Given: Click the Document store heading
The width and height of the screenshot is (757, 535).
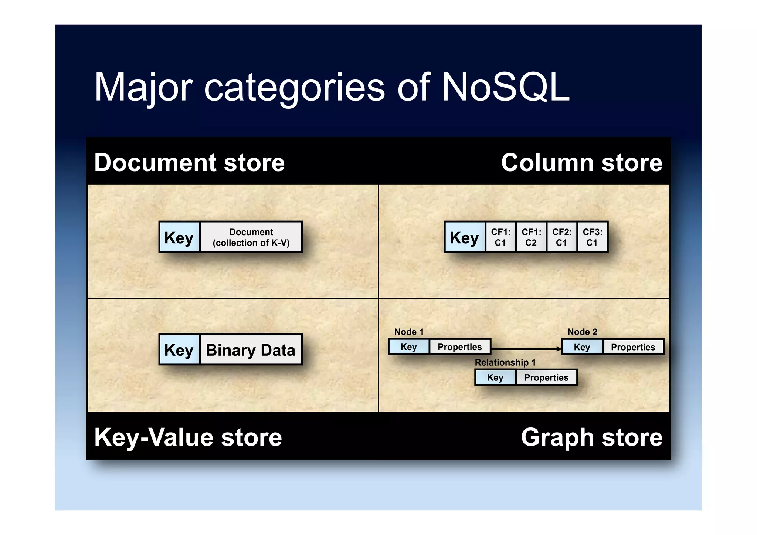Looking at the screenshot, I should click(189, 163).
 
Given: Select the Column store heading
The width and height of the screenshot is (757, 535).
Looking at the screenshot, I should click(581, 163).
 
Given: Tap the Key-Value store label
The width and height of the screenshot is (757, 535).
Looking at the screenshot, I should click(188, 437).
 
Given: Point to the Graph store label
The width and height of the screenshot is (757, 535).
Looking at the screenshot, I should click(591, 437).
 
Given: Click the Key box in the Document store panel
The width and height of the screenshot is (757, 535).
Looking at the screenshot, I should click(179, 237).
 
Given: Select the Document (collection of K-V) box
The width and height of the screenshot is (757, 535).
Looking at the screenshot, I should click(251, 237).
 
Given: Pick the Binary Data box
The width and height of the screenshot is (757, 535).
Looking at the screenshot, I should click(251, 350).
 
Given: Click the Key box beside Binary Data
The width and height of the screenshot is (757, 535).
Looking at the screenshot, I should click(179, 350).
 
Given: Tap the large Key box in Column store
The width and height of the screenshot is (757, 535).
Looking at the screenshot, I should click(465, 237).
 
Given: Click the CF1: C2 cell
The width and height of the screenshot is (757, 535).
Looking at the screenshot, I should click(531, 237).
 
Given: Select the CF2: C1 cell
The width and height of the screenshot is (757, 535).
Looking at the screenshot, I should click(562, 237).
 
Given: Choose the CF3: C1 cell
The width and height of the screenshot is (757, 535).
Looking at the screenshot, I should click(593, 237).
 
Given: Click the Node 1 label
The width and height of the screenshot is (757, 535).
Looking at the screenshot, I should click(409, 332).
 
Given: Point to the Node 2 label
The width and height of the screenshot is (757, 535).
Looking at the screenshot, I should click(582, 332).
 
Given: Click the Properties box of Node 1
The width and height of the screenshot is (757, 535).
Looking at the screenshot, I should click(460, 347).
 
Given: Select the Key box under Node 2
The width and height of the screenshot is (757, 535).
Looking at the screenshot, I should click(582, 347).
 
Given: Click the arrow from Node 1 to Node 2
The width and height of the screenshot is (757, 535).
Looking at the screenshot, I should click(525, 349).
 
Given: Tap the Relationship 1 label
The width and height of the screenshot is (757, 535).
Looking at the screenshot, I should click(505, 362).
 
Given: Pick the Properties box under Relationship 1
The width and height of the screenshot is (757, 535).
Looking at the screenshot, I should click(546, 377).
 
